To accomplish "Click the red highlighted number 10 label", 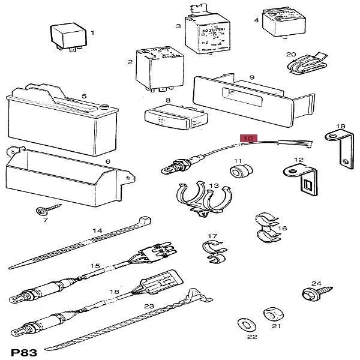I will coord(248,139).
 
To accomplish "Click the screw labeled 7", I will coord(45,211).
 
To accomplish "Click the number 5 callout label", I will coord(84,96).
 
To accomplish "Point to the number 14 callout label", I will coord(97,230).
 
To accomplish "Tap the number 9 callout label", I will coord(252,77).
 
